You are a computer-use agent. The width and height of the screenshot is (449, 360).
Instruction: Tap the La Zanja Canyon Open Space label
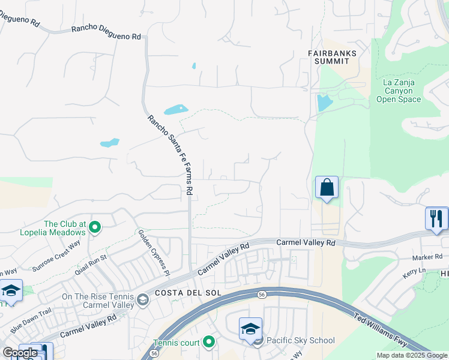(x=399, y=91)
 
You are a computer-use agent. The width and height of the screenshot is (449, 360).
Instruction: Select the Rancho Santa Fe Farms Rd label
(x=170, y=154)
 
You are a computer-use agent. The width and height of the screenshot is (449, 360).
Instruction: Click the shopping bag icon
(x=327, y=187)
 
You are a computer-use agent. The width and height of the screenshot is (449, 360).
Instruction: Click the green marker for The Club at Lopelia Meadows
(x=95, y=227)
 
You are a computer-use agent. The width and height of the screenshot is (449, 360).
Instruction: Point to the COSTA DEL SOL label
(x=181, y=292)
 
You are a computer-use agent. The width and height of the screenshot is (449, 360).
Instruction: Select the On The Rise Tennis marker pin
(x=142, y=299)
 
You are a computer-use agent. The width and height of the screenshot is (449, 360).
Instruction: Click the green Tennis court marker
(x=209, y=342)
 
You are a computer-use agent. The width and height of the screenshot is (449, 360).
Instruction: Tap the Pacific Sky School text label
(x=301, y=341)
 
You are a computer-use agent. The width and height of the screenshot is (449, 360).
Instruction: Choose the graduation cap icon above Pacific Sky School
(x=250, y=329)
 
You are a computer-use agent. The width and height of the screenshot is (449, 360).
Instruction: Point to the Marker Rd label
(x=427, y=257)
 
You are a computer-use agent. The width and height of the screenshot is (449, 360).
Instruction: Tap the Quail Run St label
(x=90, y=265)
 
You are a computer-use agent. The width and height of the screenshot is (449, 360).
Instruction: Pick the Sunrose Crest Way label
(x=56, y=256)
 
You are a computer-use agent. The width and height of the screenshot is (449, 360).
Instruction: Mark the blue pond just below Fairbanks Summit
(x=324, y=102)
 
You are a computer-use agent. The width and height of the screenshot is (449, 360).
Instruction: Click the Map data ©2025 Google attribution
(x=411, y=355)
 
